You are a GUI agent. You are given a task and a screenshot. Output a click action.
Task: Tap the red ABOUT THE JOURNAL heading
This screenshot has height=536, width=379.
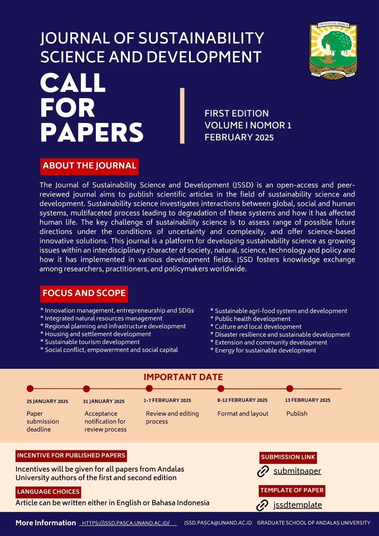[89, 166]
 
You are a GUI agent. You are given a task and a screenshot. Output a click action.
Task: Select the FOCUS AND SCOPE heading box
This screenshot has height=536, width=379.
[84, 293]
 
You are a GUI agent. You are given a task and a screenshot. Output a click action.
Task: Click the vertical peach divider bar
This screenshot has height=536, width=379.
[182, 116]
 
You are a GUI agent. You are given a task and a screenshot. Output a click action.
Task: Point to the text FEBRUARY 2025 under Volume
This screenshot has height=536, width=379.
[239, 137]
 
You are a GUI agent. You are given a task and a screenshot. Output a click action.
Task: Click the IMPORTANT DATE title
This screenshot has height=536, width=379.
[183, 377]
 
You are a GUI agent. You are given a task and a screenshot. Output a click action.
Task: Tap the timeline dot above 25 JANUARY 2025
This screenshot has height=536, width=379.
[30, 389]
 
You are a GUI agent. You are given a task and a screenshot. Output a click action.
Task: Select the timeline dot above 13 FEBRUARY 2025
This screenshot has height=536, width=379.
[290, 389]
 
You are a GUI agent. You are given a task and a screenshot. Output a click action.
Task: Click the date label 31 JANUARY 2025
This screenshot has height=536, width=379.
[104, 401]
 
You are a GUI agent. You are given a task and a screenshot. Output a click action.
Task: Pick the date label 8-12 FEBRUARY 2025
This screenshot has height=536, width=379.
[242, 400]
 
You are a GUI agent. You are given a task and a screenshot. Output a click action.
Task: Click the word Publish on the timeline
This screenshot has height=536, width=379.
[297, 414]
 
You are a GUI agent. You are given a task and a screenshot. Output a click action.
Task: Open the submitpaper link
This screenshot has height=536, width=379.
[297, 471]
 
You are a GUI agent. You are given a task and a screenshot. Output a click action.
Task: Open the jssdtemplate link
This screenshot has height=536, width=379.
[298, 505]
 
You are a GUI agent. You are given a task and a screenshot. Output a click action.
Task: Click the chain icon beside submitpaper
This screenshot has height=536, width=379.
[263, 471]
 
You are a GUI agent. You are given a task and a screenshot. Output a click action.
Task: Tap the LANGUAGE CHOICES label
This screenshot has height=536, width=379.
[48, 492]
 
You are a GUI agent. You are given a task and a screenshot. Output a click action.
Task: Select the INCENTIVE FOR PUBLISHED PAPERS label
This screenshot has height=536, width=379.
[71, 456]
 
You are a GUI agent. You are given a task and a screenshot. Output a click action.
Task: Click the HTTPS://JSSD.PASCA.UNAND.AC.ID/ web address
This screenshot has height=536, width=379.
[126, 523]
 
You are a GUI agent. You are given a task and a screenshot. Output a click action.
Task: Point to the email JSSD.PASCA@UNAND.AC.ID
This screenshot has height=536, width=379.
[218, 523]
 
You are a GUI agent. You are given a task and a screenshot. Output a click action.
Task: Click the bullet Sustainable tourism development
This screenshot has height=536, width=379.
[92, 342]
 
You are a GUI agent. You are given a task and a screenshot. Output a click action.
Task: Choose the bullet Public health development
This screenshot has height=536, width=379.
[253, 319]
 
